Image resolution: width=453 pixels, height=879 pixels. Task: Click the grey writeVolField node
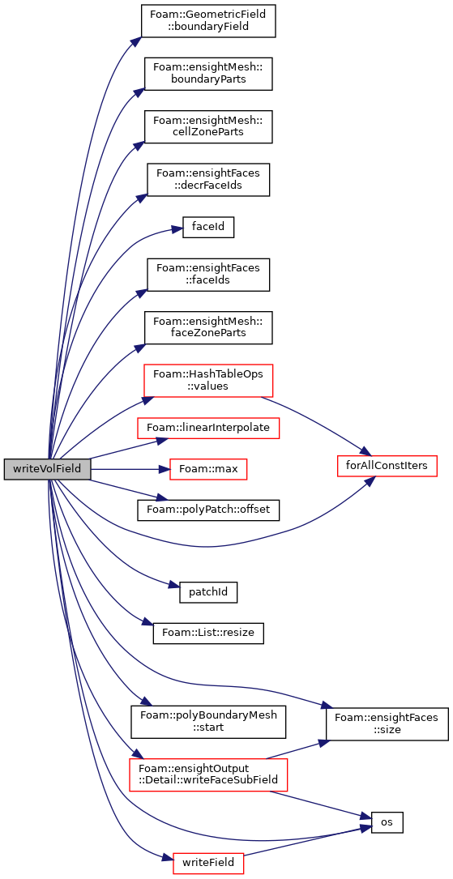point(47,468)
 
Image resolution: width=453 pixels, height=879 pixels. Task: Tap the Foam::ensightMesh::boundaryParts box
point(208,74)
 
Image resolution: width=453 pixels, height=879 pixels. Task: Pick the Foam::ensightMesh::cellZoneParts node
point(208,126)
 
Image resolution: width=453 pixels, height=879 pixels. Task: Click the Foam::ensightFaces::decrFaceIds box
point(208,179)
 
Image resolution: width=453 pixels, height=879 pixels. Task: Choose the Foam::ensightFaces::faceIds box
point(208,275)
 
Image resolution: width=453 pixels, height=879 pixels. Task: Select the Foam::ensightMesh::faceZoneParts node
point(208,327)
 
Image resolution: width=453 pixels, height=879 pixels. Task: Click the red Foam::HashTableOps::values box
point(208,381)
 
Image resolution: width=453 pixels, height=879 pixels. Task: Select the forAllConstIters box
point(387,466)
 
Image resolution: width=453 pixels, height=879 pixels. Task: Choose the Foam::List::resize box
point(208,634)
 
